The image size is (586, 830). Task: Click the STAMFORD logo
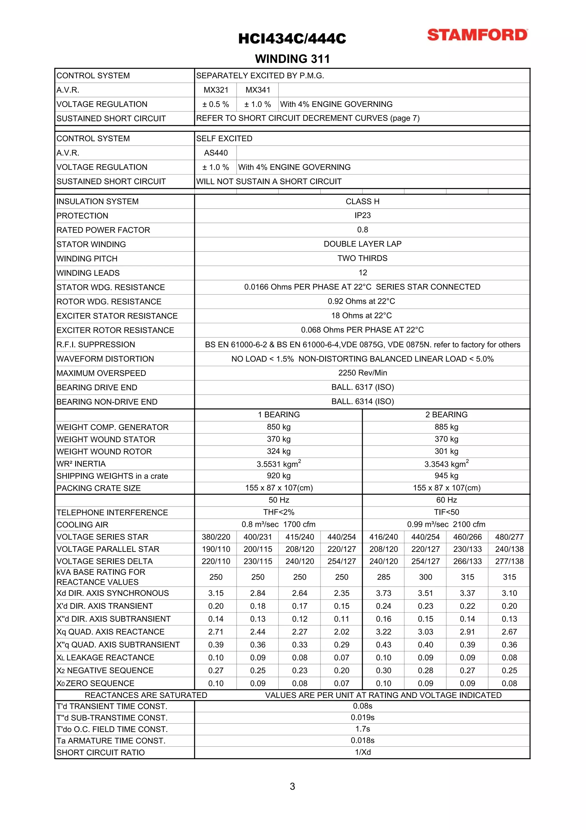pyautogui.click(x=477, y=35)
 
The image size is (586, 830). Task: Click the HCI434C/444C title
pyautogui.click(x=292, y=39)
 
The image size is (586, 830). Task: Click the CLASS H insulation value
pyautogui.click(x=362, y=201)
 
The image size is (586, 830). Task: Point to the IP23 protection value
pyautogui.click(x=362, y=215)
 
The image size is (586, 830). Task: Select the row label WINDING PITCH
pyautogui.click(x=87, y=258)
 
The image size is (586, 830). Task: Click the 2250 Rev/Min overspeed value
pyautogui.click(x=362, y=373)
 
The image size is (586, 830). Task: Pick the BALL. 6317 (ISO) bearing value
pyautogui.click(x=362, y=387)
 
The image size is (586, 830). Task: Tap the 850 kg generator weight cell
pyautogui.click(x=278, y=427)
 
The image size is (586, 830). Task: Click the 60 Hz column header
pyautogui.click(x=446, y=500)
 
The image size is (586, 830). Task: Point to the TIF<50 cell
pyautogui.click(x=446, y=512)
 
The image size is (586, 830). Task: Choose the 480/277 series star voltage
pyautogui.click(x=509, y=537)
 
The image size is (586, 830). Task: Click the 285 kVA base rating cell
pyautogui.click(x=383, y=577)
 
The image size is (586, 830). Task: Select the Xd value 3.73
pyautogui.click(x=383, y=593)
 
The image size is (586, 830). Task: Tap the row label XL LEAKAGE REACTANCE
pyautogui.click(x=105, y=658)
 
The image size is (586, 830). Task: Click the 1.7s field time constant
pyautogui.click(x=363, y=729)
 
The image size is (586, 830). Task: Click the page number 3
pyautogui.click(x=292, y=786)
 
